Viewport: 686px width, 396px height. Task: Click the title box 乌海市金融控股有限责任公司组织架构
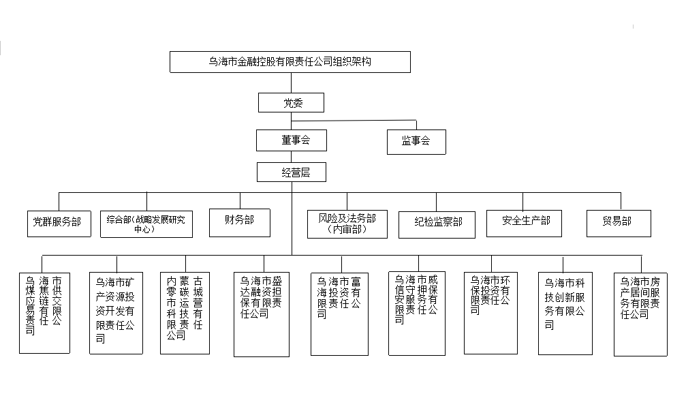[290, 62]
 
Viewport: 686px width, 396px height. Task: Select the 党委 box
[291, 103]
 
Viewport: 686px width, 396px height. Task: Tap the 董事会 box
[292, 140]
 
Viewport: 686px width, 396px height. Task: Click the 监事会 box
[416, 141]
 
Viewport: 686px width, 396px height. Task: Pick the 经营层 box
[292, 172]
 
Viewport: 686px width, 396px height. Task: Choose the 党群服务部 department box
[58, 223]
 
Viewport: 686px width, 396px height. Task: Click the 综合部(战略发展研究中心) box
[146, 223]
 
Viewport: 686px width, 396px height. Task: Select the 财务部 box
[240, 222]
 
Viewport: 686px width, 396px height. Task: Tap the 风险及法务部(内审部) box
[347, 224]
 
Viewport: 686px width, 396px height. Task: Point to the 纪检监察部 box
[436, 224]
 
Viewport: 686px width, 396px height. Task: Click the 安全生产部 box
[523, 223]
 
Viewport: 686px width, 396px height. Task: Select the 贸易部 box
[618, 223]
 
